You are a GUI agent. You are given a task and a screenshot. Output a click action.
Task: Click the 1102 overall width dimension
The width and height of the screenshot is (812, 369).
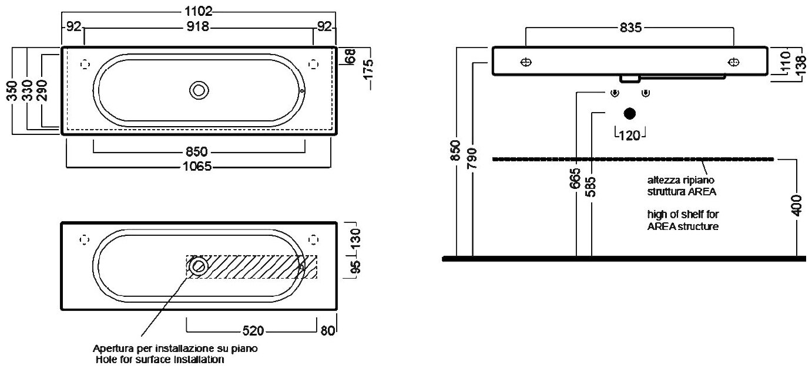[x=199, y=11]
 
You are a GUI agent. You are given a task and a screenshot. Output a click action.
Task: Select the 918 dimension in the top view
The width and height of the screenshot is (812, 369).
[x=199, y=26]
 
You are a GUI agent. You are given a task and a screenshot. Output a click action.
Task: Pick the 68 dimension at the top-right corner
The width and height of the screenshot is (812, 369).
[x=350, y=57]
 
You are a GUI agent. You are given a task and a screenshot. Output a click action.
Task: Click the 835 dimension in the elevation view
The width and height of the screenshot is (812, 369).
[x=630, y=28]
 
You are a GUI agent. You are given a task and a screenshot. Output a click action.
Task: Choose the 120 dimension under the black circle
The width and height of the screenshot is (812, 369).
[x=630, y=136]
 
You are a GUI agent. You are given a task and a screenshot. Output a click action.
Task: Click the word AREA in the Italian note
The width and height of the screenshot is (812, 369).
[x=703, y=191]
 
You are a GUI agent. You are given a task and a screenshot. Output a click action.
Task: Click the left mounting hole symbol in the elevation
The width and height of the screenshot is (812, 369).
[x=526, y=62]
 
